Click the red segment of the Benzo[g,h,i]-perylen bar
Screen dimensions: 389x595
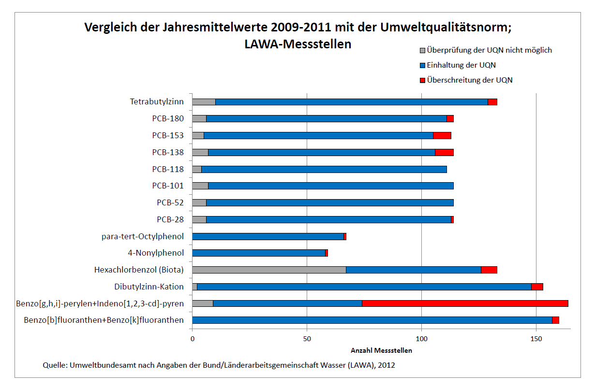[x=465, y=303]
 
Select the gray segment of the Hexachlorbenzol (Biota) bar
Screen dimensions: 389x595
[x=269, y=270]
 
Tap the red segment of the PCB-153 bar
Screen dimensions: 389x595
[x=442, y=136]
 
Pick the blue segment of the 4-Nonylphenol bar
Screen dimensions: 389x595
[x=259, y=253]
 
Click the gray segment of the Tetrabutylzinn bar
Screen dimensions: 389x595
[x=204, y=102]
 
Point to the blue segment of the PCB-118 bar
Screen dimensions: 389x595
[x=324, y=169]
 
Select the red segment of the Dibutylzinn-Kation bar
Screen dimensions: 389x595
[x=537, y=287]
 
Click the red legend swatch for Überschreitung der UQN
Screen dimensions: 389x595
[x=422, y=80]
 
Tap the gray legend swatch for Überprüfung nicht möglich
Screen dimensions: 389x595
[x=422, y=50]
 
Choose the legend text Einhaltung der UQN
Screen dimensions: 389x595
[x=461, y=65]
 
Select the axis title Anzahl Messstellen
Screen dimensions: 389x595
[x=381, y=351]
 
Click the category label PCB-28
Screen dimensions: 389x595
[x=170, y=219]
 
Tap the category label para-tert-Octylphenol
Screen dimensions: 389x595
[x=143, y=236]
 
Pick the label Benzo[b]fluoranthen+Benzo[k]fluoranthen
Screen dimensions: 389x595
[x=104, y=320]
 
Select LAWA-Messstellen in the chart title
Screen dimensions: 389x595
[x=298, y=44]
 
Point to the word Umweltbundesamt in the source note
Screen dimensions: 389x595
[x=100, y=365]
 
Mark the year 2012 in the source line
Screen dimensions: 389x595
[x=387, y=365]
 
